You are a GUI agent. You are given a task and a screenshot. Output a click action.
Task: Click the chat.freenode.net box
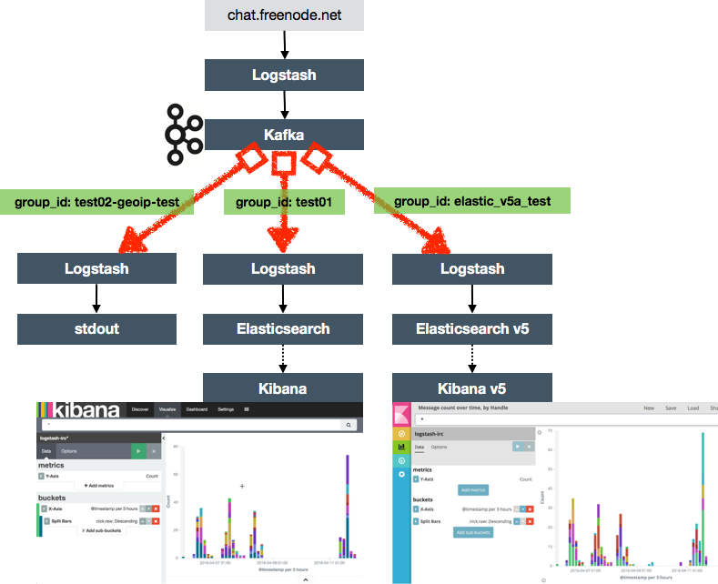(284, 15)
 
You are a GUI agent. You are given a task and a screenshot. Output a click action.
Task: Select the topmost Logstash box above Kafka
(284, 76)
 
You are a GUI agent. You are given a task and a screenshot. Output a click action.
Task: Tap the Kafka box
(284, 136)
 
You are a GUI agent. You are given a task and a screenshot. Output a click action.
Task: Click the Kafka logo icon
(184, 135)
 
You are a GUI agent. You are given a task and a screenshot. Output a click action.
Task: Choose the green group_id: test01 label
(284, 201)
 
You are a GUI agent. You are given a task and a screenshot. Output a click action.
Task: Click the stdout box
(96, 328)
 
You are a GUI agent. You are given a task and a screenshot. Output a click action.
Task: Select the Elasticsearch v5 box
(472, 328)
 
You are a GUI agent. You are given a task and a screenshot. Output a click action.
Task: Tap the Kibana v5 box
(472, 388)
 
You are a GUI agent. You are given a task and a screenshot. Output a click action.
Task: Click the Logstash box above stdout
(96, 268)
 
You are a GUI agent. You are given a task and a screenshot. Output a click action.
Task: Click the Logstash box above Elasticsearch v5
(472, 268)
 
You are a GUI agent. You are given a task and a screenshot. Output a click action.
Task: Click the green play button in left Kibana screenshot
(137, 450)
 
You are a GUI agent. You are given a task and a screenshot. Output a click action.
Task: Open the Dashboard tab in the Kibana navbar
(197, 410)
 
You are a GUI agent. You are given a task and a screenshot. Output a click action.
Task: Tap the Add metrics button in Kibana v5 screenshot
(473, 490)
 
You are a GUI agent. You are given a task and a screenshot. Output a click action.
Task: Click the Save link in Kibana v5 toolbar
(670, 408)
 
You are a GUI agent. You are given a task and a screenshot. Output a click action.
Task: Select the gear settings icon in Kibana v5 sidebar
(401, 475)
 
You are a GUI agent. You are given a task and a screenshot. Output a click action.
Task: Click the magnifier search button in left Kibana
(348, 425)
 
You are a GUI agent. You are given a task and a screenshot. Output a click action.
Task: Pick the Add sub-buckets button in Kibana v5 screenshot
(473, 532)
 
